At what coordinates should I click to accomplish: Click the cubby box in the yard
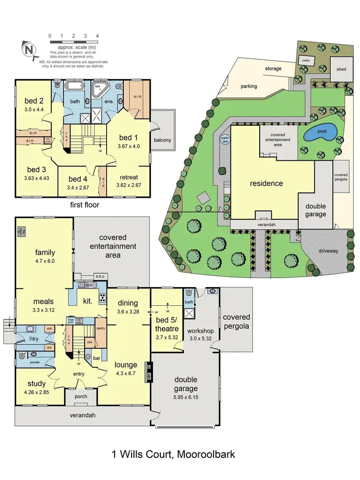pos(306,60)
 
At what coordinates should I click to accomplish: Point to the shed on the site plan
pos(341,69)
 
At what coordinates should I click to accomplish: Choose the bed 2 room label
pos(34,100)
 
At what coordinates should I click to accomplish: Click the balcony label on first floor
pos(163,140)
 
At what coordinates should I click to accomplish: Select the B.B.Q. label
pos(87,277)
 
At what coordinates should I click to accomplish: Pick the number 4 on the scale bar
pos(97,36)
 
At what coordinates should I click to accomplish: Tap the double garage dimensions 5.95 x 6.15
pos(185,397)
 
